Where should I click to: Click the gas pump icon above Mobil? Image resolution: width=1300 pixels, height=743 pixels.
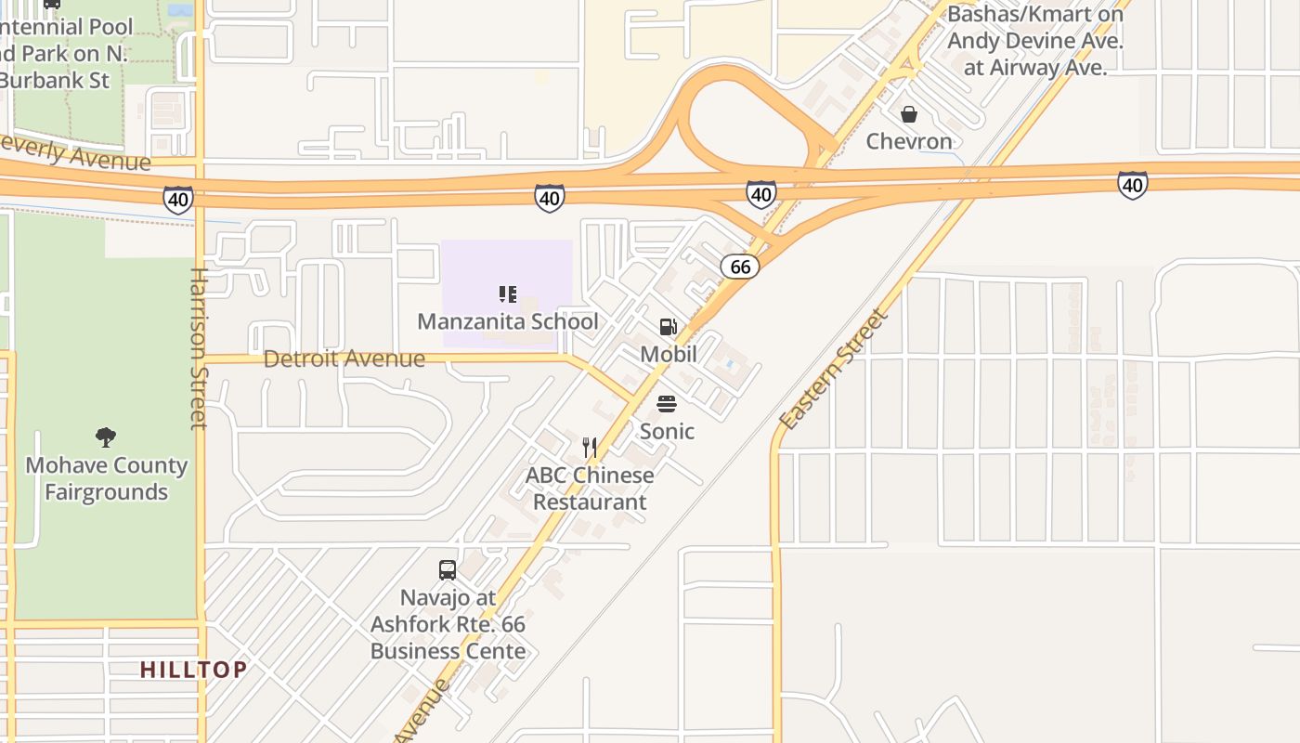[668, 327]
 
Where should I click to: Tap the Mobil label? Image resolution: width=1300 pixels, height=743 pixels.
[668, 354]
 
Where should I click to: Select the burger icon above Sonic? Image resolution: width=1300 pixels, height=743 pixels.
[667, 404]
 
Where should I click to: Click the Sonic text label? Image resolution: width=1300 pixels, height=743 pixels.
[667, 431]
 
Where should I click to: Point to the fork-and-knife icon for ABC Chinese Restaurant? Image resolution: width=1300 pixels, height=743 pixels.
[590, 448]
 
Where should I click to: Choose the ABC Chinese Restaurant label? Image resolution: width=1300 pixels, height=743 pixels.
[590, 489]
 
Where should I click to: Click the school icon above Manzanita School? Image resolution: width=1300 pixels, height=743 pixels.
[508, 294]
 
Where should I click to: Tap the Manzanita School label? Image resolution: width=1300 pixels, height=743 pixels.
[508, 321]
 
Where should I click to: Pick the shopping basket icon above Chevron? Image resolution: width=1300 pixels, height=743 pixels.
[909, 114]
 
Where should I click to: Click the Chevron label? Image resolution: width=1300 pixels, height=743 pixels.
[909, 141]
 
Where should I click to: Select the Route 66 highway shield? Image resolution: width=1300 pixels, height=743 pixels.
[740, 267]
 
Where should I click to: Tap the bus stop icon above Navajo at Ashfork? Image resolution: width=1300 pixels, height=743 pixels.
[448, 570]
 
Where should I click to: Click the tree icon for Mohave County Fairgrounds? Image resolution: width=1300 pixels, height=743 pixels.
[106, 437]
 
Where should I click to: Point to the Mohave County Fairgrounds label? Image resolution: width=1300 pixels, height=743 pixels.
[106, 478]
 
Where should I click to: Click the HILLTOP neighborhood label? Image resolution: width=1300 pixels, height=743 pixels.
[194, 669]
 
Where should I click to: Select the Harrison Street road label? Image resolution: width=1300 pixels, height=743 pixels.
[199, 348]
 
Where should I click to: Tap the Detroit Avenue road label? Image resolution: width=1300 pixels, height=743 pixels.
[344, 358]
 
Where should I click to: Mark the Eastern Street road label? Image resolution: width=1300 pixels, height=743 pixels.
[833, 370]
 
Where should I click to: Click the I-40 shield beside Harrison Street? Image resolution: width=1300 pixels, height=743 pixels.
[177, 199]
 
